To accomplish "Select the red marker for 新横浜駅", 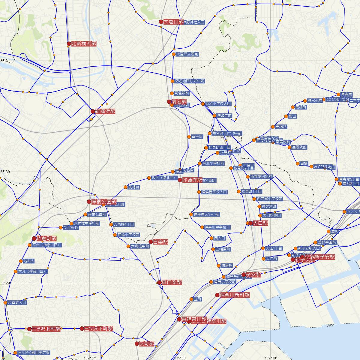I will [93, 111].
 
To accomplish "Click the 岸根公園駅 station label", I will [104, 202].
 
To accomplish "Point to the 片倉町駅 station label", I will [46, 239].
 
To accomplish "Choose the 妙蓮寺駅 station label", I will [192, 180].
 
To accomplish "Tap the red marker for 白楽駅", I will [151, 242].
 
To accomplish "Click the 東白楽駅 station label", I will [172, 282].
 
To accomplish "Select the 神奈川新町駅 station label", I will [235, 295].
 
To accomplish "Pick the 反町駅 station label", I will [147, 344].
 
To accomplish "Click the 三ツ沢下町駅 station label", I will [99, 328].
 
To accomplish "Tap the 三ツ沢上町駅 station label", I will [46, 329].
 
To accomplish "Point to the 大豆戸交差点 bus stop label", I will [187, 54].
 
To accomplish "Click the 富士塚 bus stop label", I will [197, 137].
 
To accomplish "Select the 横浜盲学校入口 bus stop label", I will [214, 192].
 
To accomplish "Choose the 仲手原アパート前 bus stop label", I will [207, 214].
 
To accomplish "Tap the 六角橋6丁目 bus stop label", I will [124, 224].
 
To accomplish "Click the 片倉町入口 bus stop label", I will [17, 302].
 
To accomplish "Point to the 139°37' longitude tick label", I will [90, 358].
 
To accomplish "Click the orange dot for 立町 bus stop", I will [191, 299].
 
